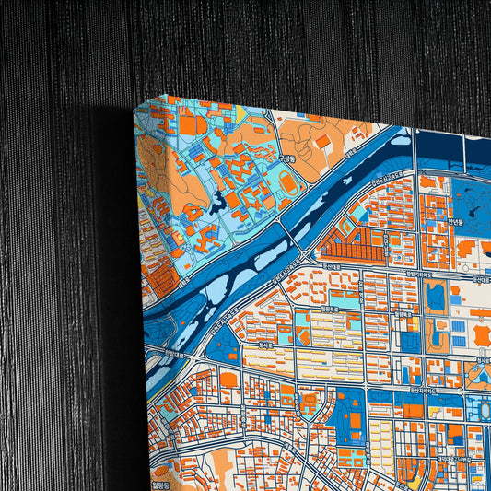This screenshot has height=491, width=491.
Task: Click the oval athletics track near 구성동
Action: (288, 182)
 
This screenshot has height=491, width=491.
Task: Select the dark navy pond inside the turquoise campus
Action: (220, 202)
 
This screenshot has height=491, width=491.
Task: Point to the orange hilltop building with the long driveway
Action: (323, 141)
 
